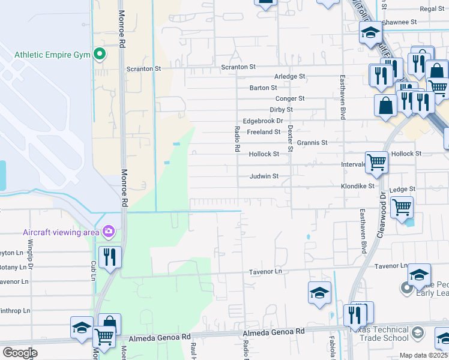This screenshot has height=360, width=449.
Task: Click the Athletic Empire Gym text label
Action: click(52, 55)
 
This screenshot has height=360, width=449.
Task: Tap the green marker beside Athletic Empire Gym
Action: click(99, 55)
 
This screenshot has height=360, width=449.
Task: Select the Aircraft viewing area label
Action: click(61, 232)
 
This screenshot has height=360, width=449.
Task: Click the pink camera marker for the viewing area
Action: click(109, 230)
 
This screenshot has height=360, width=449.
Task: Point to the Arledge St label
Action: click(290, 77)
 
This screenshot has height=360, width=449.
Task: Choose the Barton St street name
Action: click(264, 88)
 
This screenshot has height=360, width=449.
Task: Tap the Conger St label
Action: click(290, 98)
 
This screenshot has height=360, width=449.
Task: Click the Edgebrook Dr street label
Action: click(262, 121)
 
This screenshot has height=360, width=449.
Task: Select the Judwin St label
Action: click(264, 176)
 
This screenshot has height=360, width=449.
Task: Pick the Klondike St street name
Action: click(358, 186)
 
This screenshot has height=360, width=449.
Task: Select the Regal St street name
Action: click(432, 9)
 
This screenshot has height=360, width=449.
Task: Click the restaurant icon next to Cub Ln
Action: click(110, 257)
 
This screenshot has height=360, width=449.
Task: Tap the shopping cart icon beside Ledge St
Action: click(402, 208)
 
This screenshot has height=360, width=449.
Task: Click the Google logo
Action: click(20, 353)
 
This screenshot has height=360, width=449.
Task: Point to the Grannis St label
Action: click(312, 143)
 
